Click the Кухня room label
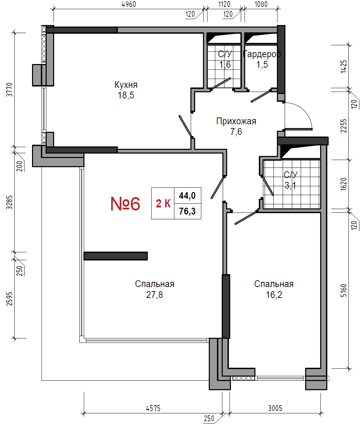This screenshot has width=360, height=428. pyautogui.click(x=126, y=85)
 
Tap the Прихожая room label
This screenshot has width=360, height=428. pyautogui.click(x=236, y=121)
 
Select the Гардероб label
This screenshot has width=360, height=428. pyautogui.click(x=262, y=54)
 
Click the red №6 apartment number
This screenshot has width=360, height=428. pyautogui.click(x=125, y=204)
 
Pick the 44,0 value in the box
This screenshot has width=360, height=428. pyautogui.click(x=187, y=195)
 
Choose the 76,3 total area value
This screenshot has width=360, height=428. pyautogui.click(x=187, y=211)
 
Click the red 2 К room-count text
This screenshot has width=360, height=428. pyautogui.click(x=163, y=204)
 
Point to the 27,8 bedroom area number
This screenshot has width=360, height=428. pyautogui.click(x=154, y=295)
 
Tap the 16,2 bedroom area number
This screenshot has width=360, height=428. pyautogui.click(x=274, y=295)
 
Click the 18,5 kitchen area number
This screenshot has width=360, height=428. pyautogui.click(x=126, y=95)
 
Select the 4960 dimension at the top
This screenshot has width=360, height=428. pyautogui.click(x=129, y=4)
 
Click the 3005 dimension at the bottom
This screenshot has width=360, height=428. pyautogui.click(x=275, y=408)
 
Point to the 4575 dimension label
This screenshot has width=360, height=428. pyautogui.click(x=153, y=408)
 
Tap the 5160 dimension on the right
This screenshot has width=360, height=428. pyautogui.click(x=343, y=290)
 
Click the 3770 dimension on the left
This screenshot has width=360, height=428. pyautogui.click(x=10, y=90)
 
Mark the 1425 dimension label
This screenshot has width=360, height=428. pyautogui.click(x=343, y=66)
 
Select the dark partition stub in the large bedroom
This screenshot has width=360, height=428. pyautogui.click(x=115, y=256)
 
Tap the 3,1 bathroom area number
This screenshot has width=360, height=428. pyautogui.click(x=290, y=186)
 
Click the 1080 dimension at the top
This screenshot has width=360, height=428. pyautogui.click(x=261, y=4)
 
